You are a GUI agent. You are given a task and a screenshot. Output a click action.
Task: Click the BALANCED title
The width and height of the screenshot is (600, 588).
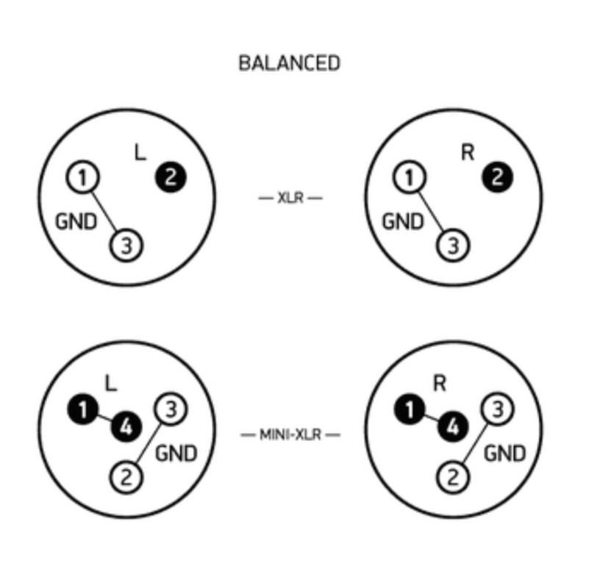(x=289, y=63)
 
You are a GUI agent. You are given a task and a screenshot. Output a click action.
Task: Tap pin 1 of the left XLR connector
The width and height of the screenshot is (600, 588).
(x=82, y=177)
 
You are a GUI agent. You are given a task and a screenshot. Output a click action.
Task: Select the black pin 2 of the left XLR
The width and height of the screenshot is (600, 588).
(x=171, y=177)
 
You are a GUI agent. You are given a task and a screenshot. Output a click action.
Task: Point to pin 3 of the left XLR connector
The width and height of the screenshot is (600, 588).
(x=126, y=245)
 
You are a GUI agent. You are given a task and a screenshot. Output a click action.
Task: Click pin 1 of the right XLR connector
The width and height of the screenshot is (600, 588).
(x=409, y=177)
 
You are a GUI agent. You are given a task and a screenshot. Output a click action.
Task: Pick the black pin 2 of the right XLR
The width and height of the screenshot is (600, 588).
(x=497, y=177)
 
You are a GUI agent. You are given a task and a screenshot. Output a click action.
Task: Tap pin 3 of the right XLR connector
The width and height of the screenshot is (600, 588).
(x=453, y=245)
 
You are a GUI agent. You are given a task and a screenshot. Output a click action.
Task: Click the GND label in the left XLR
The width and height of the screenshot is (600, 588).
(x=76, y=220)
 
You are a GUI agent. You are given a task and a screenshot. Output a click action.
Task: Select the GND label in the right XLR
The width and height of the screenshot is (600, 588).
(x=403, y=220)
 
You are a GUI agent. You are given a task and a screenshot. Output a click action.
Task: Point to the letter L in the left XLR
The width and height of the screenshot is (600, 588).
(x=140, y=152)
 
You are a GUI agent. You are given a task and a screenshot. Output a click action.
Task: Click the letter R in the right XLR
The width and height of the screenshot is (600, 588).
(x=467, y=152)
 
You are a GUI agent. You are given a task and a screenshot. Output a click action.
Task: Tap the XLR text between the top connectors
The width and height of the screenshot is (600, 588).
(x=290, y=198)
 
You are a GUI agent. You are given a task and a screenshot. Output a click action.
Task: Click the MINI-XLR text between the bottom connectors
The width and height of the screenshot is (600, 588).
(x=290, y=434)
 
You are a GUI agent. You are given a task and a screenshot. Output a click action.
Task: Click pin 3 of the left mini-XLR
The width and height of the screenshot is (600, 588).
(x=171, y=409)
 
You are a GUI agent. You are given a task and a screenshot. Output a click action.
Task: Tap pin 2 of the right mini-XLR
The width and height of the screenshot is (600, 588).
(x=453, y=478)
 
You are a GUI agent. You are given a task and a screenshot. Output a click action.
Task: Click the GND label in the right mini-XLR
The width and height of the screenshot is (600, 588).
(x=504, y=453)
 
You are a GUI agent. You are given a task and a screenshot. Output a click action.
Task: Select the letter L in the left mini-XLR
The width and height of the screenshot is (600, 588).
(x=111, y=383)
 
